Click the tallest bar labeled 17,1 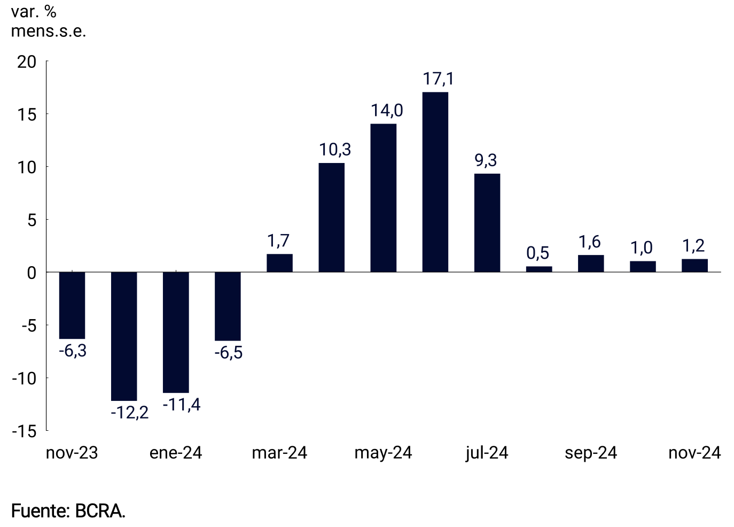(x=435, y=182)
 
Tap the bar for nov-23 (x=72, y=305)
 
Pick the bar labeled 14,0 (x=383, y=198)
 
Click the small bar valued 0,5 (x=538, y=269)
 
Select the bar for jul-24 (x=487, y=222)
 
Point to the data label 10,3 (x=335, y=150)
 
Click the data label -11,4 (x=182, y=405)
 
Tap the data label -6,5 (x=229, y=353)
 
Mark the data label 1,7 (x=279, y=241)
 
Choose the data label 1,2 (x=693, y=246)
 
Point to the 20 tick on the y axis (x=27, y=62)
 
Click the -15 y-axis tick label (x=25, y=431)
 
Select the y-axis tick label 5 (x=32, y=220)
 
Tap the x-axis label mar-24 (x=279, y=453)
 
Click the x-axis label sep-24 (x=591, y=453)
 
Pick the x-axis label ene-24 (x=176, y=453)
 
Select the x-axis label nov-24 (x=694, y=453)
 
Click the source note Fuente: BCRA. (x=68, y=511)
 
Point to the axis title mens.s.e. (x=48, y=31)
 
